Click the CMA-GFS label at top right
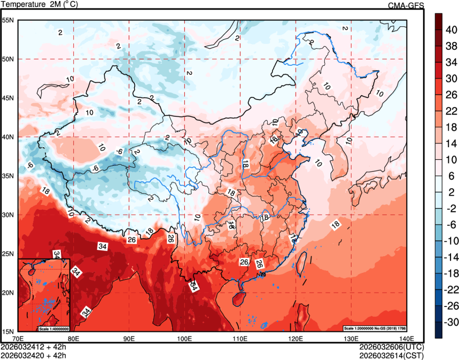click(x=406, y=5)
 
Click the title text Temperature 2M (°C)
click(x=40, y=4)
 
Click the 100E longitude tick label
click(x=184, y=338)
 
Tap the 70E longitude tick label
click(x=18, y=338)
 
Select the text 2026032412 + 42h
click(x=33, y=346)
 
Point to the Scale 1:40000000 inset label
click(x=53, y=328)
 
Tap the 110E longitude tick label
click(x=239, y=338)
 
